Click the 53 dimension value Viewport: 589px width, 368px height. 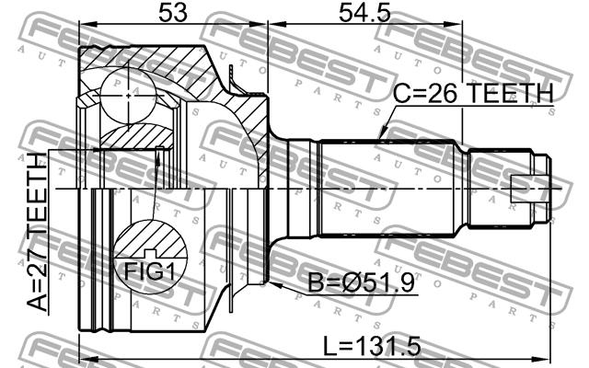(x=172, y=13)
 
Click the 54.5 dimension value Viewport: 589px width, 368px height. (x=364, y=13)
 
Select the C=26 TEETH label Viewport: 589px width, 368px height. (x=473, y=93)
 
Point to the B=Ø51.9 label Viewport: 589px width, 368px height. (x=362, y=282)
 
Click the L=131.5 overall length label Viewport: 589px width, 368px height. (x=372, y=346)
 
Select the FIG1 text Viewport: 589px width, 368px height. (x=150, y=270)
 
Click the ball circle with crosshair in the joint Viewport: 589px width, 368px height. (x=129, y=96)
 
